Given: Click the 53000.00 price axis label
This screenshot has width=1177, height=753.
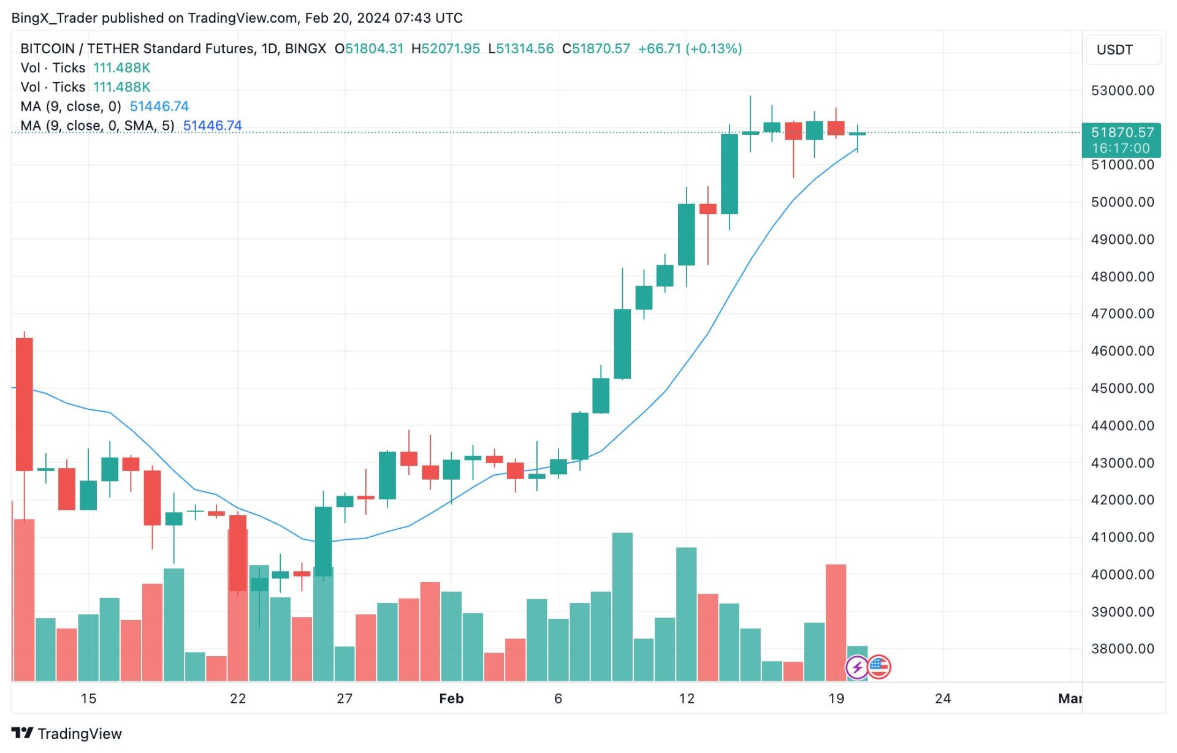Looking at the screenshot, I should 1122,91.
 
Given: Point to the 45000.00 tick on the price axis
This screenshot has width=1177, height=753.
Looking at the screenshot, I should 1122,388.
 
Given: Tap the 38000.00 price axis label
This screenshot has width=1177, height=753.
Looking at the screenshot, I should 1122,649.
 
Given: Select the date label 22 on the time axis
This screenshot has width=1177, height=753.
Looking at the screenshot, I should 238,699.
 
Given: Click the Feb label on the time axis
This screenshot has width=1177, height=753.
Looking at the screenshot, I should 451,699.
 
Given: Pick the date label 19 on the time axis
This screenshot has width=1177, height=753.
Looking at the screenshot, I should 836,699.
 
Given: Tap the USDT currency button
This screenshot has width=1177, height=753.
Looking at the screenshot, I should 1114,50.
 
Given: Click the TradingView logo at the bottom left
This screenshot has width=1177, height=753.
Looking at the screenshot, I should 67,733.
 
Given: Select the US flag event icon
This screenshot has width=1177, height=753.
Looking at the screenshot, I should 879,667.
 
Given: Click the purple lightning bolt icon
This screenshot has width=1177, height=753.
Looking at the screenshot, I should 856,667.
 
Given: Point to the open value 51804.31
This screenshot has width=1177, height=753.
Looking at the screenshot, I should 374,49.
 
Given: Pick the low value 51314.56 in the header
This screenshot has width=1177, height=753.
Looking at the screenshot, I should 524,49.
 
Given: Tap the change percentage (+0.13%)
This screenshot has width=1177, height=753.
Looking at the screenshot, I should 714,49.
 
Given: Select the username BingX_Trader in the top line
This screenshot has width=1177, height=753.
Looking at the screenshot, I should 55,18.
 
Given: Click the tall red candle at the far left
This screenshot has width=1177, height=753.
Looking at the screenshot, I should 25,404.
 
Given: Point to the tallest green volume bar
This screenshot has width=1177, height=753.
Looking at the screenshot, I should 622,607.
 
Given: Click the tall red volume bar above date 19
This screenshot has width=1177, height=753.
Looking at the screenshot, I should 836,622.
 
